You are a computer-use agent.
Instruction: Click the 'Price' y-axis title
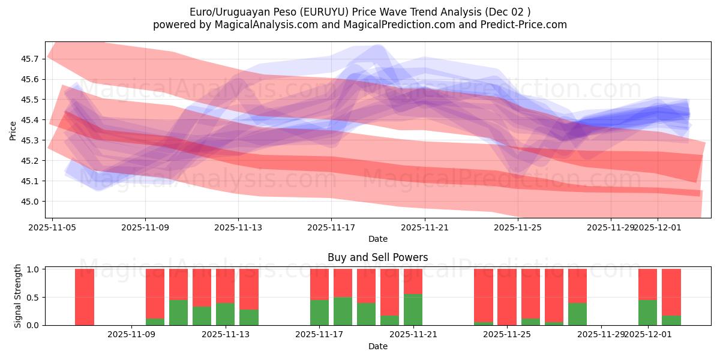pyautogui.click(x=13, y=130)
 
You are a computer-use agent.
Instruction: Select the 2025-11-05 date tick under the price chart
pyautogui.click(x=52, y=227)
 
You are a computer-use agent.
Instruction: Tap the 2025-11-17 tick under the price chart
pyautogui.click(x=331, y=227)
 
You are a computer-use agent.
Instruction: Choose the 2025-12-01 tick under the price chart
pyautogui.click(x=657, y=227)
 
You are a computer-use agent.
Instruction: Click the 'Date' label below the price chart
pyautogui.click(x=378, y=239)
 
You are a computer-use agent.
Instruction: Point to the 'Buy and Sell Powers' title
pyautogui.click(x=378, y=257)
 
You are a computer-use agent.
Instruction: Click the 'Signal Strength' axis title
pyautogui.click(x=18, y=296)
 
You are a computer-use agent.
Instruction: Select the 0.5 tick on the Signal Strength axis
pyautogui.click(x=33, y=297)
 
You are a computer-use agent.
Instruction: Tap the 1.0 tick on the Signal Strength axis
pyautogui.click(x=33, y=269)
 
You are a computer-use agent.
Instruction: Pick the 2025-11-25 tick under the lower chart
pyautogui.click(x=507, y=334)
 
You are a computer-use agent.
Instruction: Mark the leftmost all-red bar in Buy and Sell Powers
pyautogui.click(x=85, y=296)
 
